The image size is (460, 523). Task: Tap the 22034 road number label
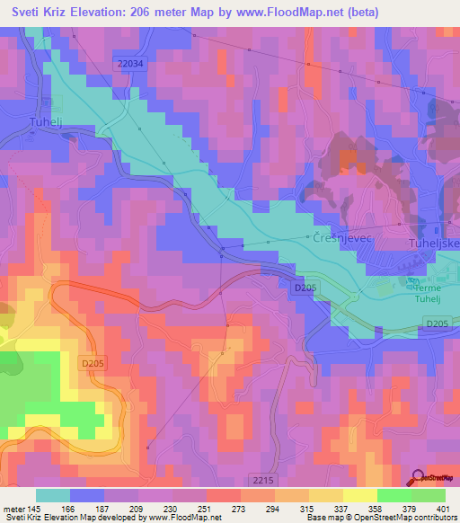tap(128, 62)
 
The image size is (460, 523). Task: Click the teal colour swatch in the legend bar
tap(53, 495)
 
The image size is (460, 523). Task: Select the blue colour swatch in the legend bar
tap(86, 495)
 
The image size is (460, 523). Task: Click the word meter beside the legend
tap(16, 510)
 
